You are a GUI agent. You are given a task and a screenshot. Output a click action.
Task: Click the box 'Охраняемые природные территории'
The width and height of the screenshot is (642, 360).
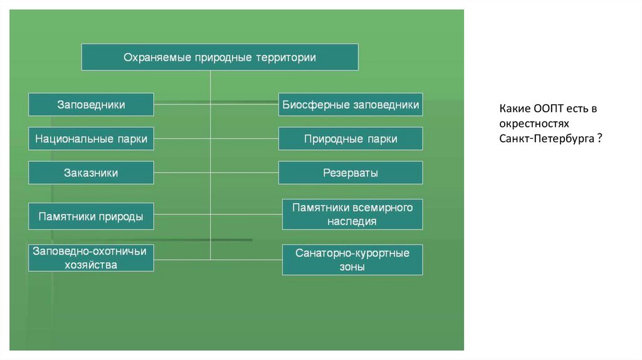coord(220,57)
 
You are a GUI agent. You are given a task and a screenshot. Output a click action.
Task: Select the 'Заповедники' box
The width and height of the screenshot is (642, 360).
coord(91,105)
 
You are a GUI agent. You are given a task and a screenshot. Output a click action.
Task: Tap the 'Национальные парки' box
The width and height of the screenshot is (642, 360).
coord(91,139)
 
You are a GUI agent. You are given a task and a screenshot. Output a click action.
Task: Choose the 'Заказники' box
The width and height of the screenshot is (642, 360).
coord(91,172)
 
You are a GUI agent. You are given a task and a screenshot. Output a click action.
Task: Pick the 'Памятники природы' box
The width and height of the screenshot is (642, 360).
coord(91,216)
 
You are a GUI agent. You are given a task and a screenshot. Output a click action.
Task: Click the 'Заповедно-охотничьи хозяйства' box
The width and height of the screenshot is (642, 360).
coord(91,258)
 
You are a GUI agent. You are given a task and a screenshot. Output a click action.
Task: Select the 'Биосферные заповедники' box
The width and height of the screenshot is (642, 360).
coord(350,105)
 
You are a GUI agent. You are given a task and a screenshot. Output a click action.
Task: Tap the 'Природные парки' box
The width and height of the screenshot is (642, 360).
coord(350,139)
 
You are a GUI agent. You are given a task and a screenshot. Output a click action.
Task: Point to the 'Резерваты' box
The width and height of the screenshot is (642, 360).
coord(350,172)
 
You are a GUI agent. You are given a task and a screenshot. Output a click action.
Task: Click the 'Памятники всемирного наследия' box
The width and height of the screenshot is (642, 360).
coord(352,214)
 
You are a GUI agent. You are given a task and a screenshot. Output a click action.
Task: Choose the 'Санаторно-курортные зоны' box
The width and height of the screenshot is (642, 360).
coord(352,260)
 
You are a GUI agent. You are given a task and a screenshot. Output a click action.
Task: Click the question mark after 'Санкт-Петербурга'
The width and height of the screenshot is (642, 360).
coord(599,138)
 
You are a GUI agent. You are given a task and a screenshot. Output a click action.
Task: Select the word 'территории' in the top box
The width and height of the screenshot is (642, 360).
coord(285,57)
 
